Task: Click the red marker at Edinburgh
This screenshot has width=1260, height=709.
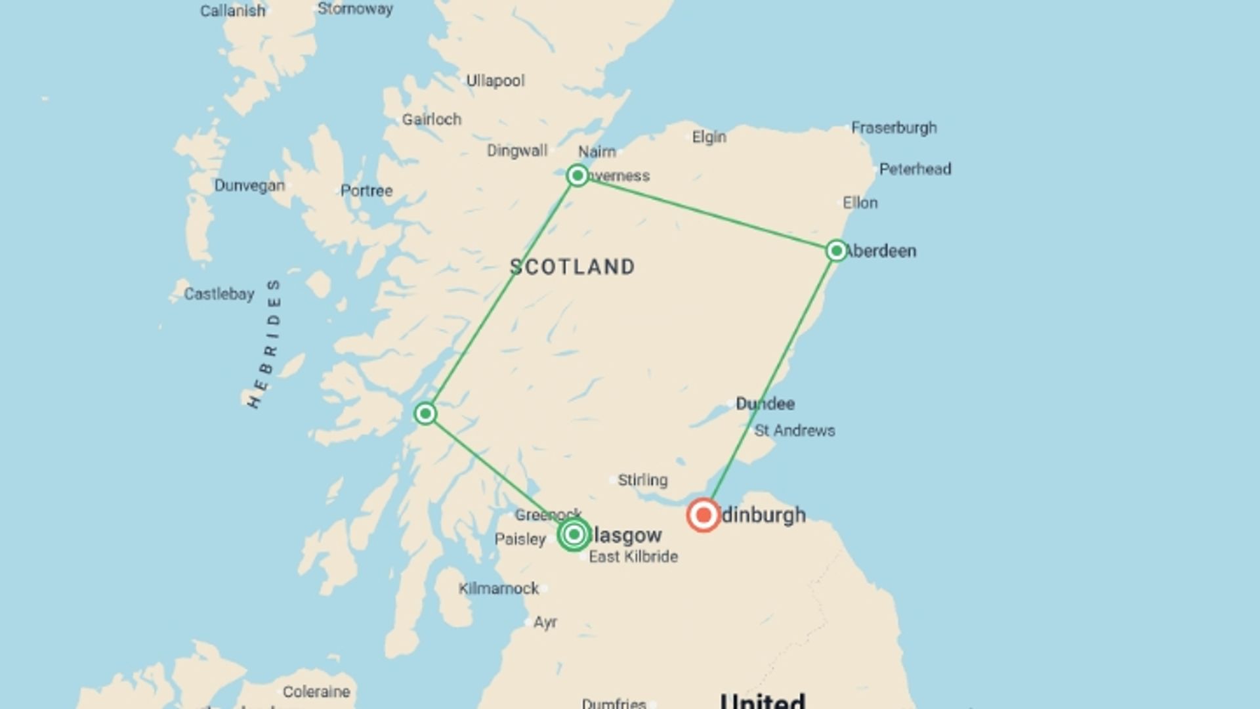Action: pyautogui.click(x=703, y=515)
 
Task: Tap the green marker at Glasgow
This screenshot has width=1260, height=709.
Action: pyautogui.click(x=574, y=534)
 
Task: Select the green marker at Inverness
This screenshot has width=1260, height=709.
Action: pyautogui.click(x=577, y=175)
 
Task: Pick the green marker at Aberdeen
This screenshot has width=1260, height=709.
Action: pyautogui.click(x=837, y=251)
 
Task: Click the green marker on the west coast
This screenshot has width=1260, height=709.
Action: pyautogui.click(x=425, y=414)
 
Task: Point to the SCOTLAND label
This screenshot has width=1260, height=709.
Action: pyautogui.click(x=572, y=267)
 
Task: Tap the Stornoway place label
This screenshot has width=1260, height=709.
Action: pyautogui.click(x=355, y=9)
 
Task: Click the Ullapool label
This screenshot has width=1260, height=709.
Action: pyautogui.click(x=495, y=81)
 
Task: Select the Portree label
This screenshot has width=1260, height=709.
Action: pyautogui.click(x=366, y=191)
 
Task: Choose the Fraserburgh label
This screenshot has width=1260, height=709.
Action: pyautogui.click(x=894, y=128)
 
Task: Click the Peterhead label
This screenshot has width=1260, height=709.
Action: pyautogui.click(x=915, y=169)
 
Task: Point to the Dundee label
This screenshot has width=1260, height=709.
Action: pyautogui.click(x=765, y=404)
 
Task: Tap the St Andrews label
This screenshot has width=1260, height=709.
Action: pyautogui.click(x=795, y=431)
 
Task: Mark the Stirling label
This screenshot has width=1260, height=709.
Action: pyautogui.click(x=642, y=480)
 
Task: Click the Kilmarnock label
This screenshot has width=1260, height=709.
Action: pyautogui.click(x=499, y=588)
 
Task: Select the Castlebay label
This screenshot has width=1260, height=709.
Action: pyautogui.click(x=219, y=294)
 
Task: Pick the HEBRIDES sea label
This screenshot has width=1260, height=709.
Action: pyautogui.click(x=264, y=343)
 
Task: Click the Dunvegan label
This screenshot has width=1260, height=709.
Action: pyautogui.click(x=249, y=186)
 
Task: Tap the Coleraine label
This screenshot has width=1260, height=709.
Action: pyautogui.click(x=316, y=692)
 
